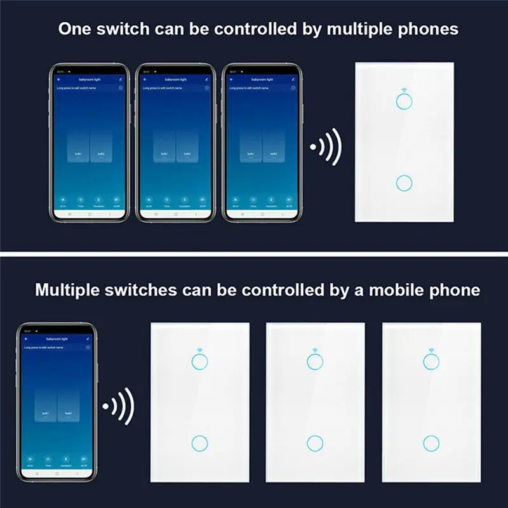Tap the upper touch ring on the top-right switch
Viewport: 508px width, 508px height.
click(x=403, y=101)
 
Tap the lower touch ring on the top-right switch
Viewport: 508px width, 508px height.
click(x=403, y=183)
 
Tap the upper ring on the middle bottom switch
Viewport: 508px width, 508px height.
click(x=314, y=362)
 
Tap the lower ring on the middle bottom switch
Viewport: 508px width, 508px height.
click(x=314, y=443)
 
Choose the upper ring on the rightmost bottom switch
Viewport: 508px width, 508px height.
click(x=432, y=362)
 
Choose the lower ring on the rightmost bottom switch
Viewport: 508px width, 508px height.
click(x=432, y=443)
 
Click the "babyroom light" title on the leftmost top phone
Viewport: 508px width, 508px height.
click(x=88, y=79)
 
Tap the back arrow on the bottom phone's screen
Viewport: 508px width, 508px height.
click(x=27, y=340)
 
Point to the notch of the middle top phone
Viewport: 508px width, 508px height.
click(x=175, y=67)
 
